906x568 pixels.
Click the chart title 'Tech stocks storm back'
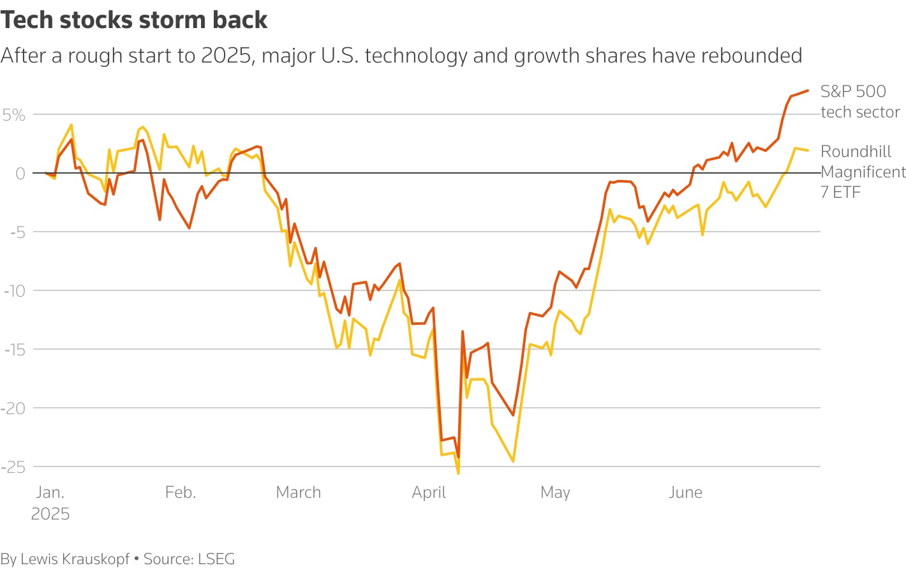click(x=134, y=20)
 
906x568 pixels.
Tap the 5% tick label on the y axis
click(x=14, y=115)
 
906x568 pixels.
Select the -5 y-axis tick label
click(x=17, y=232)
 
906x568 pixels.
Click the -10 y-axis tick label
click(x=14, y=291)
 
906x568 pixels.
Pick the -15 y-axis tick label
click(x=14, y=350)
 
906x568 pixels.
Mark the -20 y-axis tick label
click(x=14, y=408)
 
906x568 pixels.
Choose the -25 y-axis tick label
click(x=14, y=467)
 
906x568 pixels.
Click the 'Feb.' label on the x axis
click(x=181, y=493)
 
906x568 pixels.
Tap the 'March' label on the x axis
click(x=299, y=493)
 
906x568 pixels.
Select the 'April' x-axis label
click(x=429, y=493)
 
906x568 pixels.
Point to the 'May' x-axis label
click(x=555, y=493)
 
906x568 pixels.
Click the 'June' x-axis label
click(x=685, y=493)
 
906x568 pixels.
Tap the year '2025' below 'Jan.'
click(x=50, y=514)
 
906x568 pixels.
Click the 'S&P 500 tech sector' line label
click(x=859, y=101)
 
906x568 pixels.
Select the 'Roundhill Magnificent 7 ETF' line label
click(x=862, y=172)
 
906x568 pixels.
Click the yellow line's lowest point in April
click(x=458, y=473)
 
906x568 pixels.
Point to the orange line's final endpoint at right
click(x=808, y=91)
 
